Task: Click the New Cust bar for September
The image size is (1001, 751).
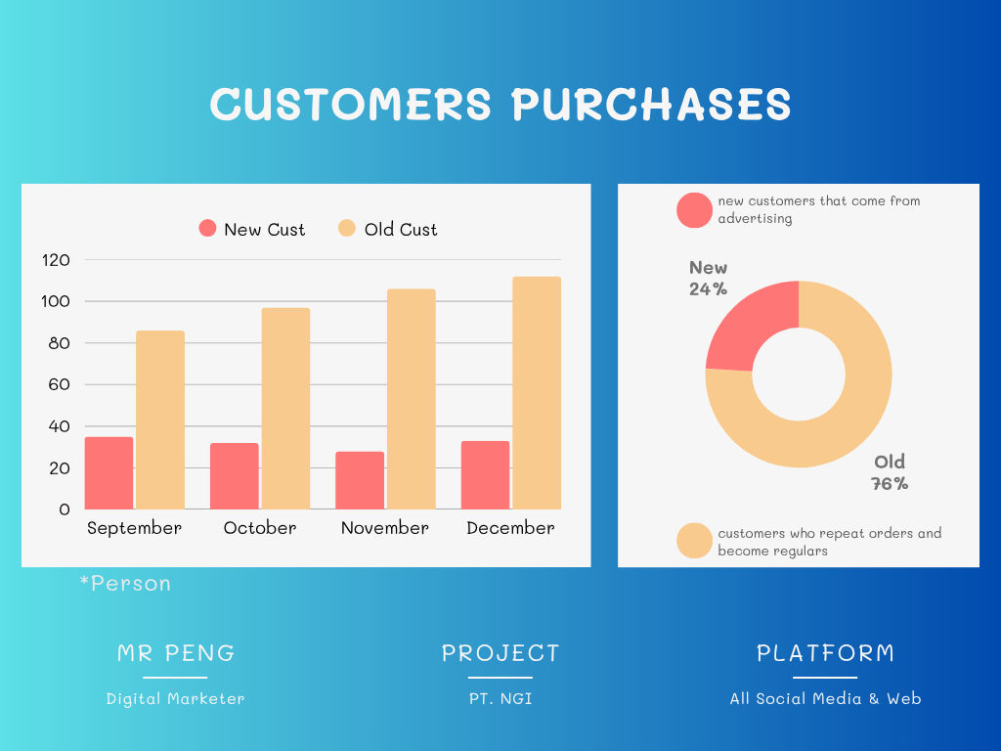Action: (109, 472)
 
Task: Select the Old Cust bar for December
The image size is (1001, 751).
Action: (537, 393)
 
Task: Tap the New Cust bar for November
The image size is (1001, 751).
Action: (360, 480)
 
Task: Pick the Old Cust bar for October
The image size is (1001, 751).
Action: (286, 409)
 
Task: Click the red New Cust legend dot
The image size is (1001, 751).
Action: (207, 228)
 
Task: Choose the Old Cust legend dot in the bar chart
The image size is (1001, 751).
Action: (347, 228)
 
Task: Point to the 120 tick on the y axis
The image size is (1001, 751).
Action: (56, 260)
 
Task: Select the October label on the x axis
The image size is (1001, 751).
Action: (260, 527)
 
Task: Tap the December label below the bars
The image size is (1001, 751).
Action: (510, 527)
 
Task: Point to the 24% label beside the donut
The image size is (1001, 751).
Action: (708, 288)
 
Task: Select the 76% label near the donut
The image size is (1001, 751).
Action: (890, 483)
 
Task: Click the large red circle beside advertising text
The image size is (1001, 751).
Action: (695, 210)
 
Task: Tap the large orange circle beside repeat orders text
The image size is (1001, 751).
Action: (695, 540)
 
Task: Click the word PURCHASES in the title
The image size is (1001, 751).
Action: (651, 104)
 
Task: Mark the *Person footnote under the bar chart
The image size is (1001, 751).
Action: (125, 583)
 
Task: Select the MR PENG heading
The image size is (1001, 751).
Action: (176, 653)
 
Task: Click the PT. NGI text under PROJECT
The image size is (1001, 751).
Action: (500, 698)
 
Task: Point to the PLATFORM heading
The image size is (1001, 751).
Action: (825, 653)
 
